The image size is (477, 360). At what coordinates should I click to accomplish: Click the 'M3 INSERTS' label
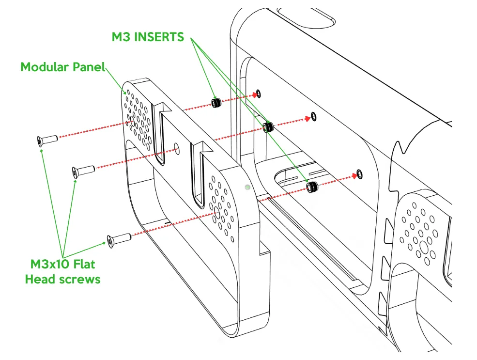coord(148,37)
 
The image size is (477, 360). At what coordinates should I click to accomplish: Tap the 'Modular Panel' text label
coord(62,67)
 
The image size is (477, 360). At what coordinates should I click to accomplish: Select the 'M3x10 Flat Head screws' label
coord(62,271)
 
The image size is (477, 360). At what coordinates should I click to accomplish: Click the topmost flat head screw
coord(47,141)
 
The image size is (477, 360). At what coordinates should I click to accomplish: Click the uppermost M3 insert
coord(216,103)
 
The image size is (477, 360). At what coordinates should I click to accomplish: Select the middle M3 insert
coord(268,126)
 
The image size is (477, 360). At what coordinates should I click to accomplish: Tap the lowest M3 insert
coord(312,187)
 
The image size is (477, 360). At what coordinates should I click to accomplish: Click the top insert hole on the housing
coord(259,94)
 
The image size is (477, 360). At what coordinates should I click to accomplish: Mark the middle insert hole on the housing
coord(313,116)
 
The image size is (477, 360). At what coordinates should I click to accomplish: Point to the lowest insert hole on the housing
coord(359,174)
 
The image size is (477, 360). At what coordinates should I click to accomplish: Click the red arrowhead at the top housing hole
coord(255,95)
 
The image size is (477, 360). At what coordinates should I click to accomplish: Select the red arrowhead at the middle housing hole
coord(308,119)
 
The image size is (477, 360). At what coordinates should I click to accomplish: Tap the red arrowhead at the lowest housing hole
coord(354,175)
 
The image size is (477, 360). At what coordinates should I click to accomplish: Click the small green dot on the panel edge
coord(247,187)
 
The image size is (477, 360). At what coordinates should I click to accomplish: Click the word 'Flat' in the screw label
coord(82,264)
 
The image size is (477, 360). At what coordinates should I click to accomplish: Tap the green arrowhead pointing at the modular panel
coord(124,92)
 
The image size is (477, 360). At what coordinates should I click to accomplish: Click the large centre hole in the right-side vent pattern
coord(423,247)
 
